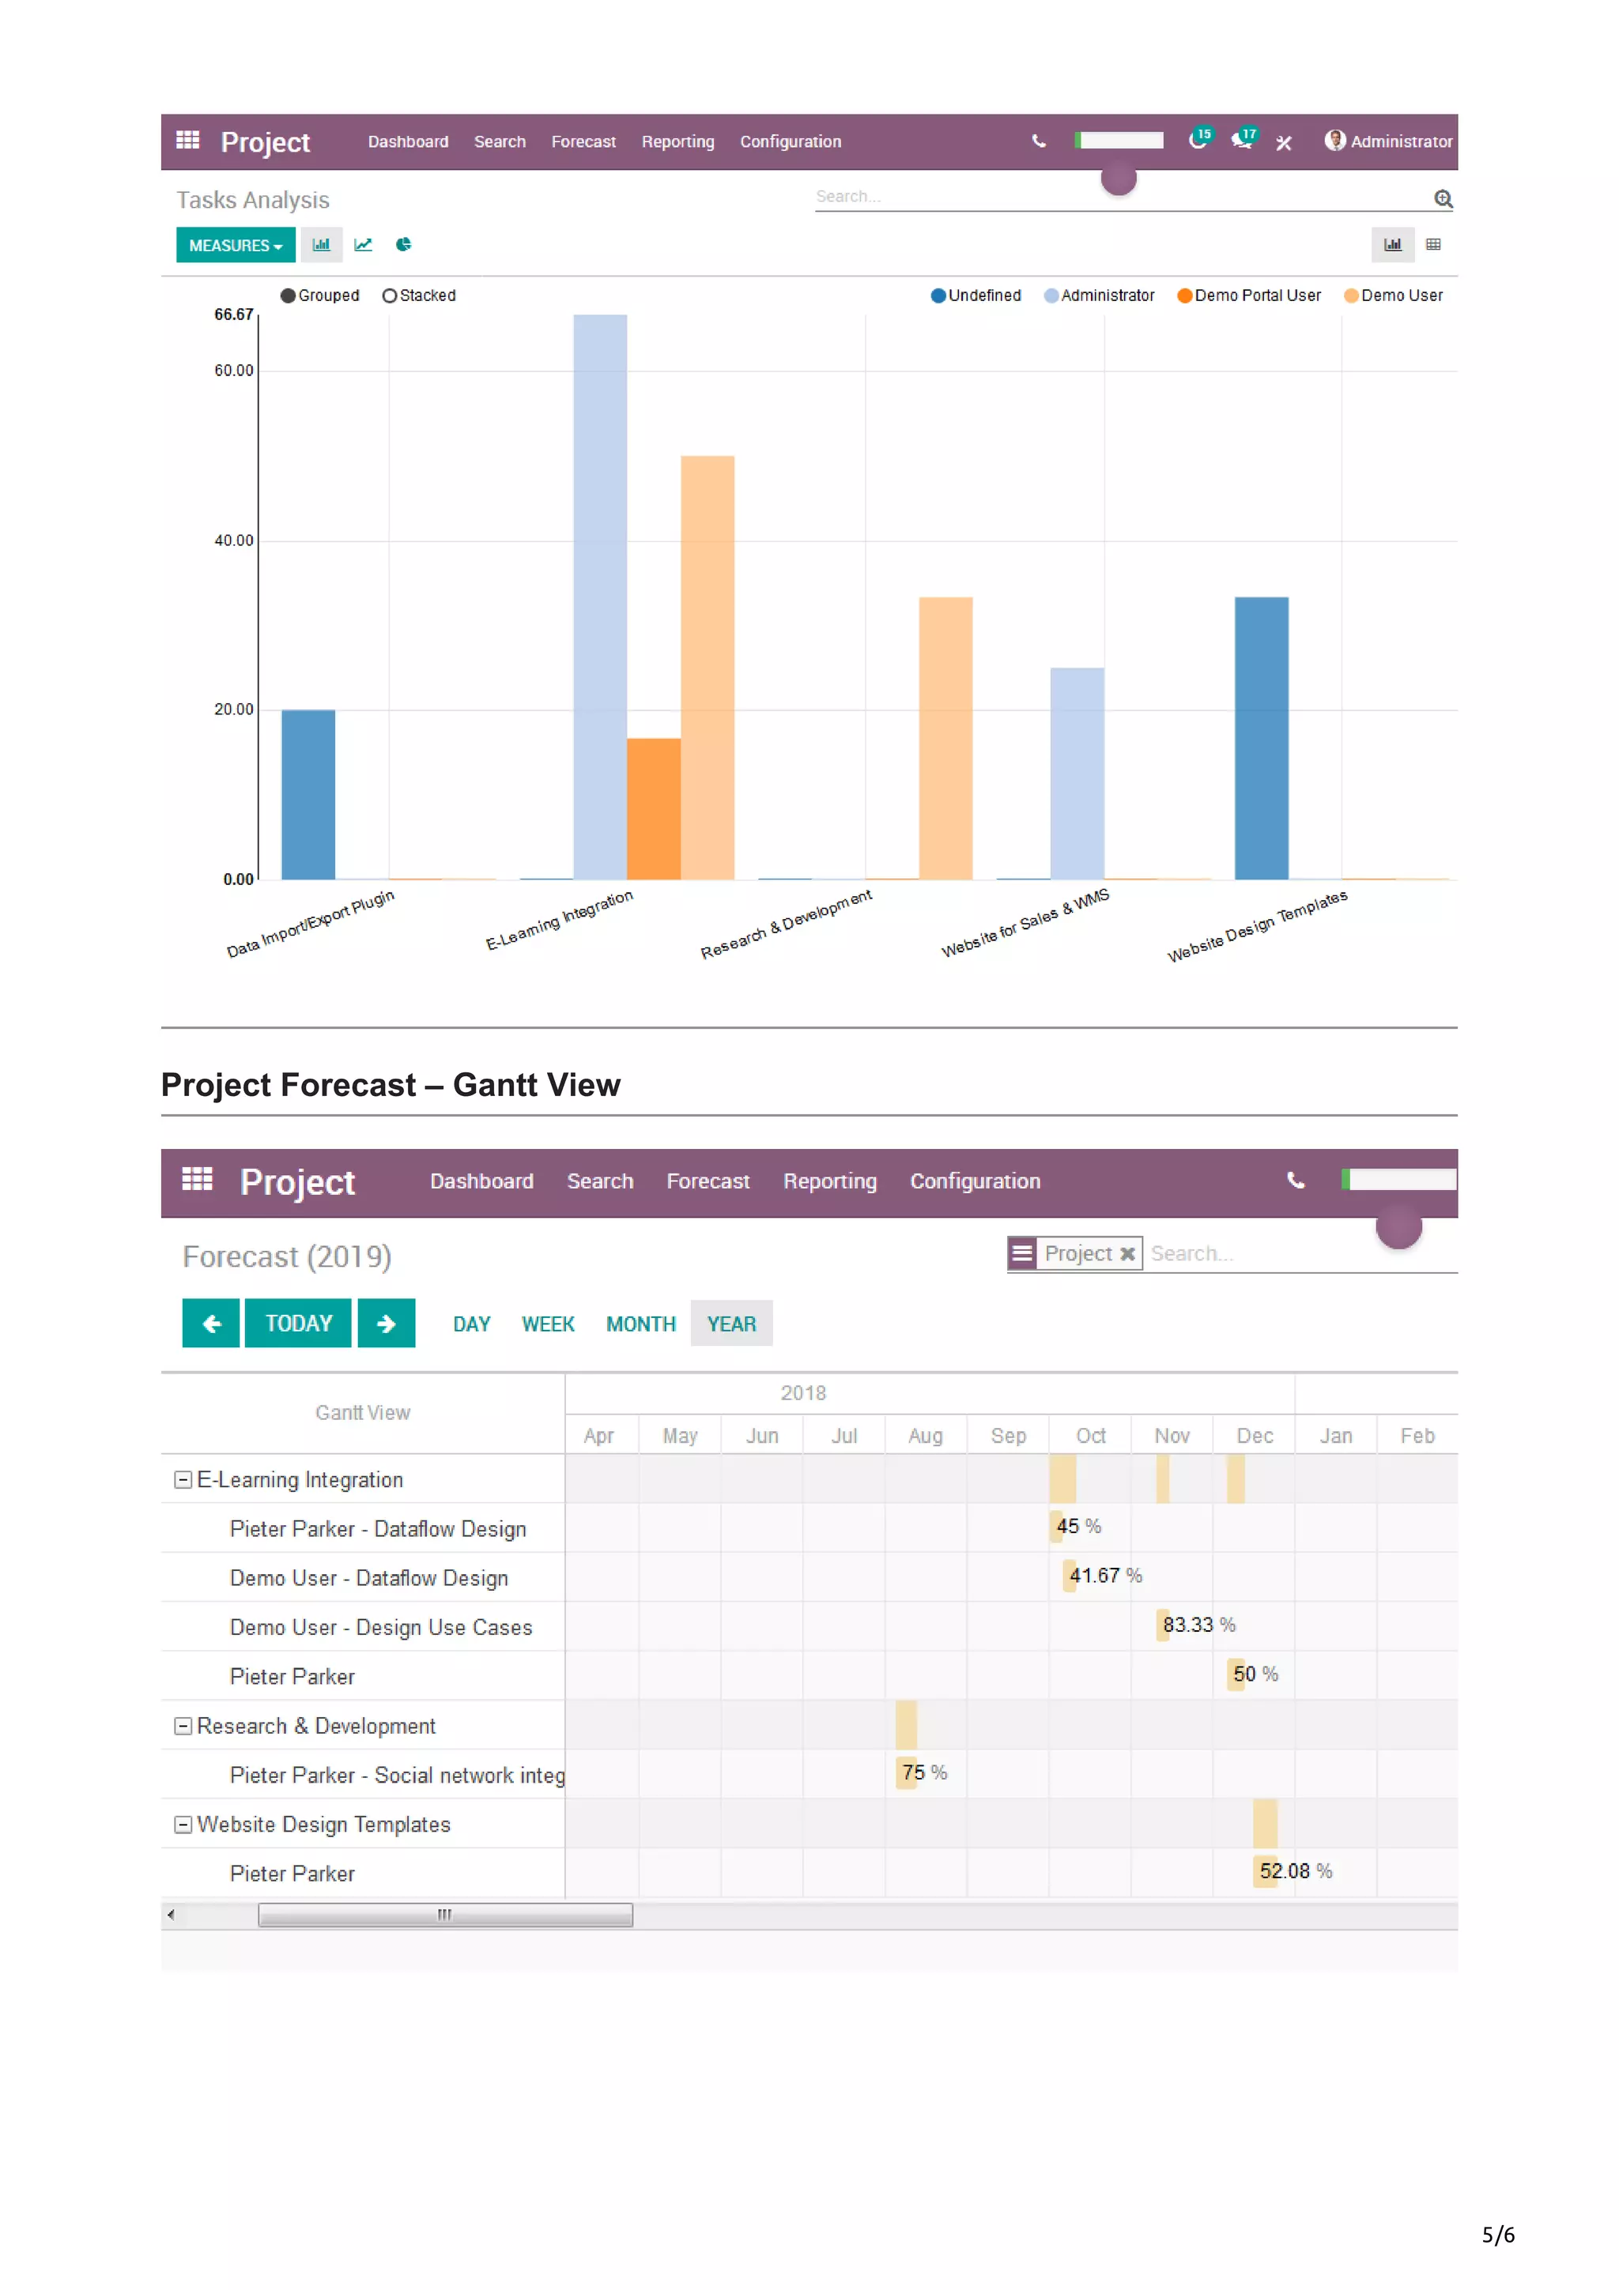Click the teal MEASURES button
236,245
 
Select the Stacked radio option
390,296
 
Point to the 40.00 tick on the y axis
233,540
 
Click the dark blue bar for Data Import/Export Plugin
308,794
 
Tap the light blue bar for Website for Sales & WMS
1077,773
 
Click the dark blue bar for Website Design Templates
1261,738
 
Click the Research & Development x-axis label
786,924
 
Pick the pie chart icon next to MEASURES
403,244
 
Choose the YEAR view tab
731,1324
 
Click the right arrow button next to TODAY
386,1324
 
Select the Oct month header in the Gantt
1089,1435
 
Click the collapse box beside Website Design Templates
183,1825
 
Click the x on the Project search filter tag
1127,1254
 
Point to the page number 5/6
1497,2234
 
